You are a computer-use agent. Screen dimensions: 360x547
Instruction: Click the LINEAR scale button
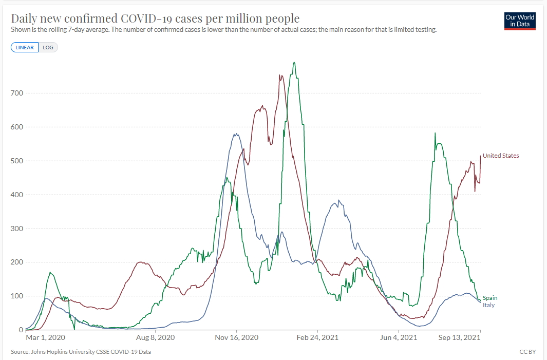[x=25, y=48]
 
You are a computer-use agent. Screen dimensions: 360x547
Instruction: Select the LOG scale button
[x=48, y=48]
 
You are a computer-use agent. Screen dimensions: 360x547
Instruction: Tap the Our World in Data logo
[x=520, y=21]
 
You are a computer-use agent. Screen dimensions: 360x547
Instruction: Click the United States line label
[x=501, y=156]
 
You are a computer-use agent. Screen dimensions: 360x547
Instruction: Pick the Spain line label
[x=490, y=298]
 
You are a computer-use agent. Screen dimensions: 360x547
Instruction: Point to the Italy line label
[x=488, y=305]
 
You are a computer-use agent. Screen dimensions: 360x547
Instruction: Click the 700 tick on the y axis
[x=17, y=93]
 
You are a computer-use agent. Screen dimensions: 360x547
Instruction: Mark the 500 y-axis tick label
[x=17, y=161]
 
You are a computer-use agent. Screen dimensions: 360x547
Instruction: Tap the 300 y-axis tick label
[x=17, y=229]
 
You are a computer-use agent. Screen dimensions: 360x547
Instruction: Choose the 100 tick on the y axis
[x=17, y=296]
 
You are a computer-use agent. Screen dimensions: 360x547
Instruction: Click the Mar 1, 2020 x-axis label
[x=45, y=337]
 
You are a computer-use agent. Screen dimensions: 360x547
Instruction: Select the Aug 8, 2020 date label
[x=156, y=337]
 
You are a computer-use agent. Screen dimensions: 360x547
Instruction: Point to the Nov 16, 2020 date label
[x=237, y=337]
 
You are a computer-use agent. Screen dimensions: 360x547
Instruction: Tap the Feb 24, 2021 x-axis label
[x=318, y=337]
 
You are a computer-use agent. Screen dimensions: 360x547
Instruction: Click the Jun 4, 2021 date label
[x=398, y=337]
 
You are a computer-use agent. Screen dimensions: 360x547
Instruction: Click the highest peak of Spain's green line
[x=294, y=63]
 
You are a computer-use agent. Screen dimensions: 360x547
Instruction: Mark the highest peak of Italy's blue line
[x=235, y=134]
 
